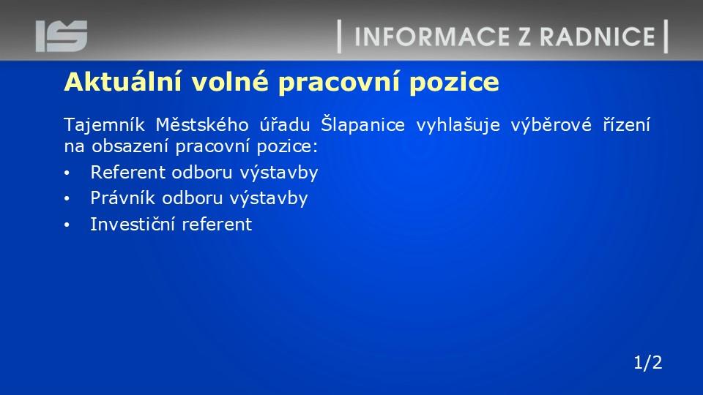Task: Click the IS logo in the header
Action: pos(62,36)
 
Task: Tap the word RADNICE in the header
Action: pos(598,37)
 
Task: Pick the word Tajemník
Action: pos(104,125)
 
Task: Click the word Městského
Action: pos(202,124)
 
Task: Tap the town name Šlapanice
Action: pos(362,124)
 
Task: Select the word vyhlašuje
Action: pos(458,125)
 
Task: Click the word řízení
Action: pos(626,124)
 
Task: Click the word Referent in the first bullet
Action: pos(127,172)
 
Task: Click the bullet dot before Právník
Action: pos(67,199)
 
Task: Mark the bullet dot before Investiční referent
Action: pos(67,225)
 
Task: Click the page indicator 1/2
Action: pos(648,362)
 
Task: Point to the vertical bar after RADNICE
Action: pos(666,37)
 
